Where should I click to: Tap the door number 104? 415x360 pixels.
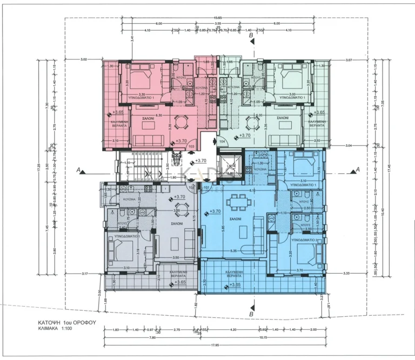pos(222,141)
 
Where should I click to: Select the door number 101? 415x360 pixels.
pos(206,187)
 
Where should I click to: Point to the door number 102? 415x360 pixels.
pos(191,187)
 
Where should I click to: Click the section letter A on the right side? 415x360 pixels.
pos(357,169)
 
